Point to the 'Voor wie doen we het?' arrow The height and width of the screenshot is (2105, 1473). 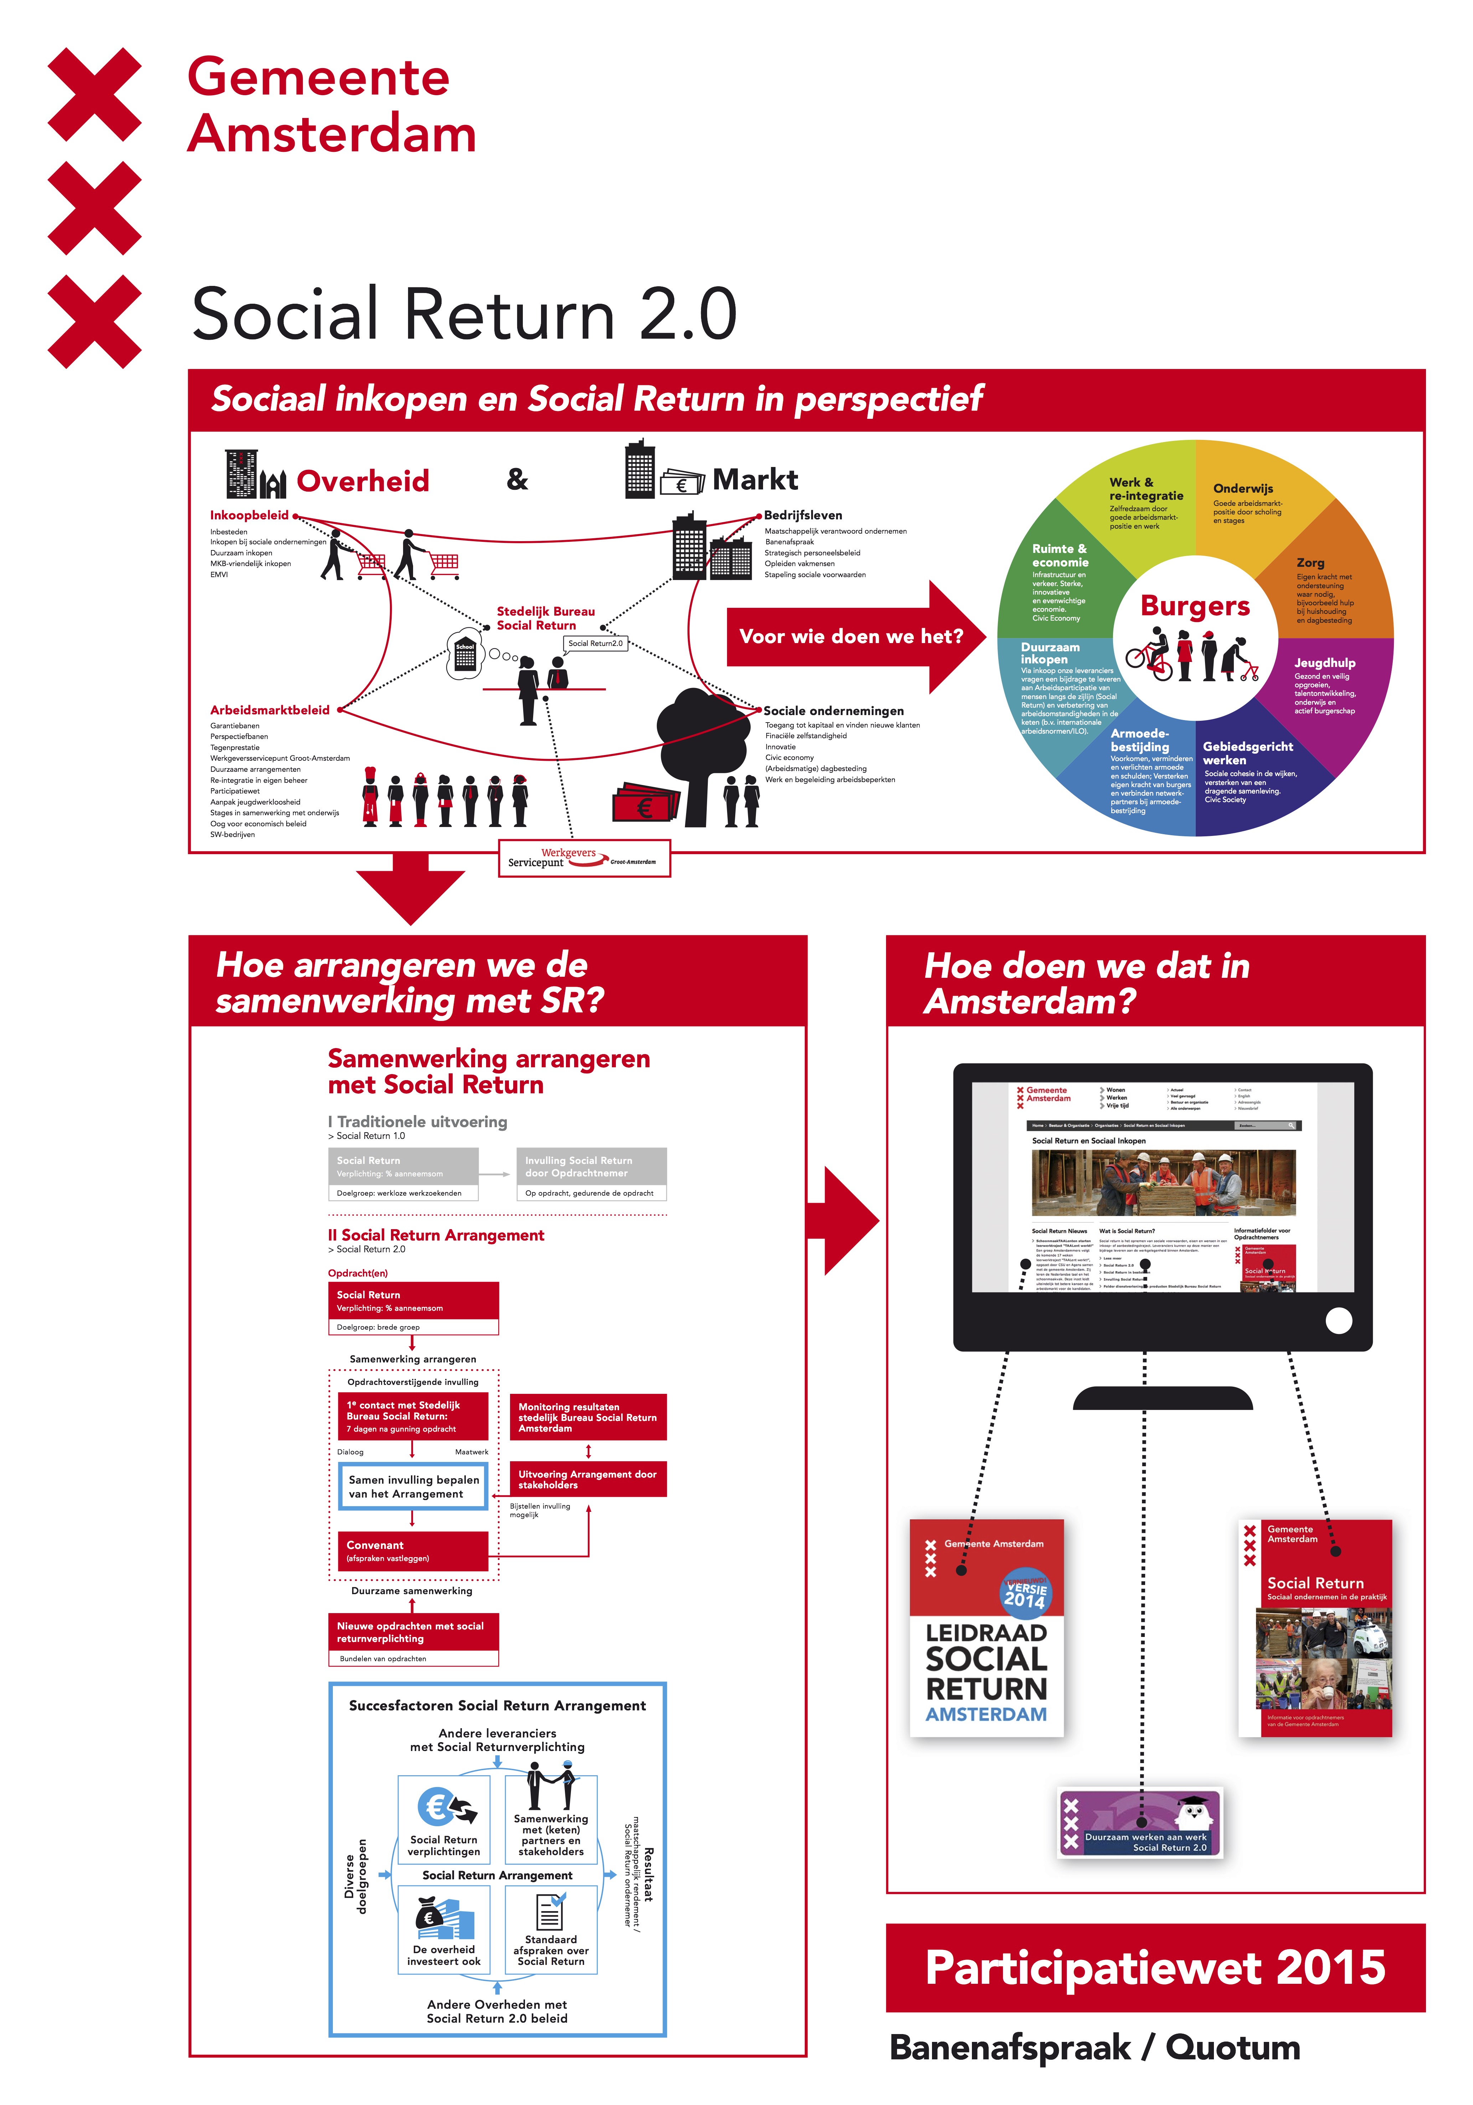click(x=851, y=636)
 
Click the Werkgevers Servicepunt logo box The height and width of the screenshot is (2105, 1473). click(x=584, y=858)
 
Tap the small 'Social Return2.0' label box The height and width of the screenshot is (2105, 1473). click(x=595, y=643)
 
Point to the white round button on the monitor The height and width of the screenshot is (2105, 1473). click(x=1338, y=1320)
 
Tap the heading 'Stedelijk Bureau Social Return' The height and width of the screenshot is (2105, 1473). click(x=545, y=618)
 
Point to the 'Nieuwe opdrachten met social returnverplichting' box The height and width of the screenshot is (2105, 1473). click(x=412, y=1632)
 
